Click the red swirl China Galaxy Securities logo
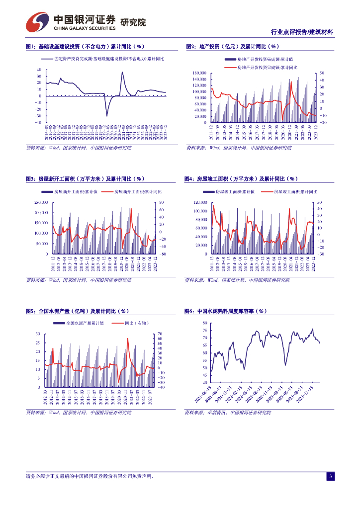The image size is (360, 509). [x=38, y=22]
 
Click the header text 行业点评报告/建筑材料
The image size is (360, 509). [x=302, y=32]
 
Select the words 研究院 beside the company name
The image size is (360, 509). [x=133, y=22]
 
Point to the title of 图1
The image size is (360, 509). [x=85, y=47]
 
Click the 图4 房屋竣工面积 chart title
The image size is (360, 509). [x=241, y=179]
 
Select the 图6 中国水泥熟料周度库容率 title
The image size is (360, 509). [x=226, y=311]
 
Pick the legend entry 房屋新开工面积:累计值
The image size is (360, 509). [x=73, y=191]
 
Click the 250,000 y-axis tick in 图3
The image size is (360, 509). [x=41, y=202]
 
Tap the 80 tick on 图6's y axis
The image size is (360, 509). [x=204, y=323]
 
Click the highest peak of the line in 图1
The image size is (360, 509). [x=122, y=72]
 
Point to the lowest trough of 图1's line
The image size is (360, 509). [x=106, y=116]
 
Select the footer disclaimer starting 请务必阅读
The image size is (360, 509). [x=90, y=477]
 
